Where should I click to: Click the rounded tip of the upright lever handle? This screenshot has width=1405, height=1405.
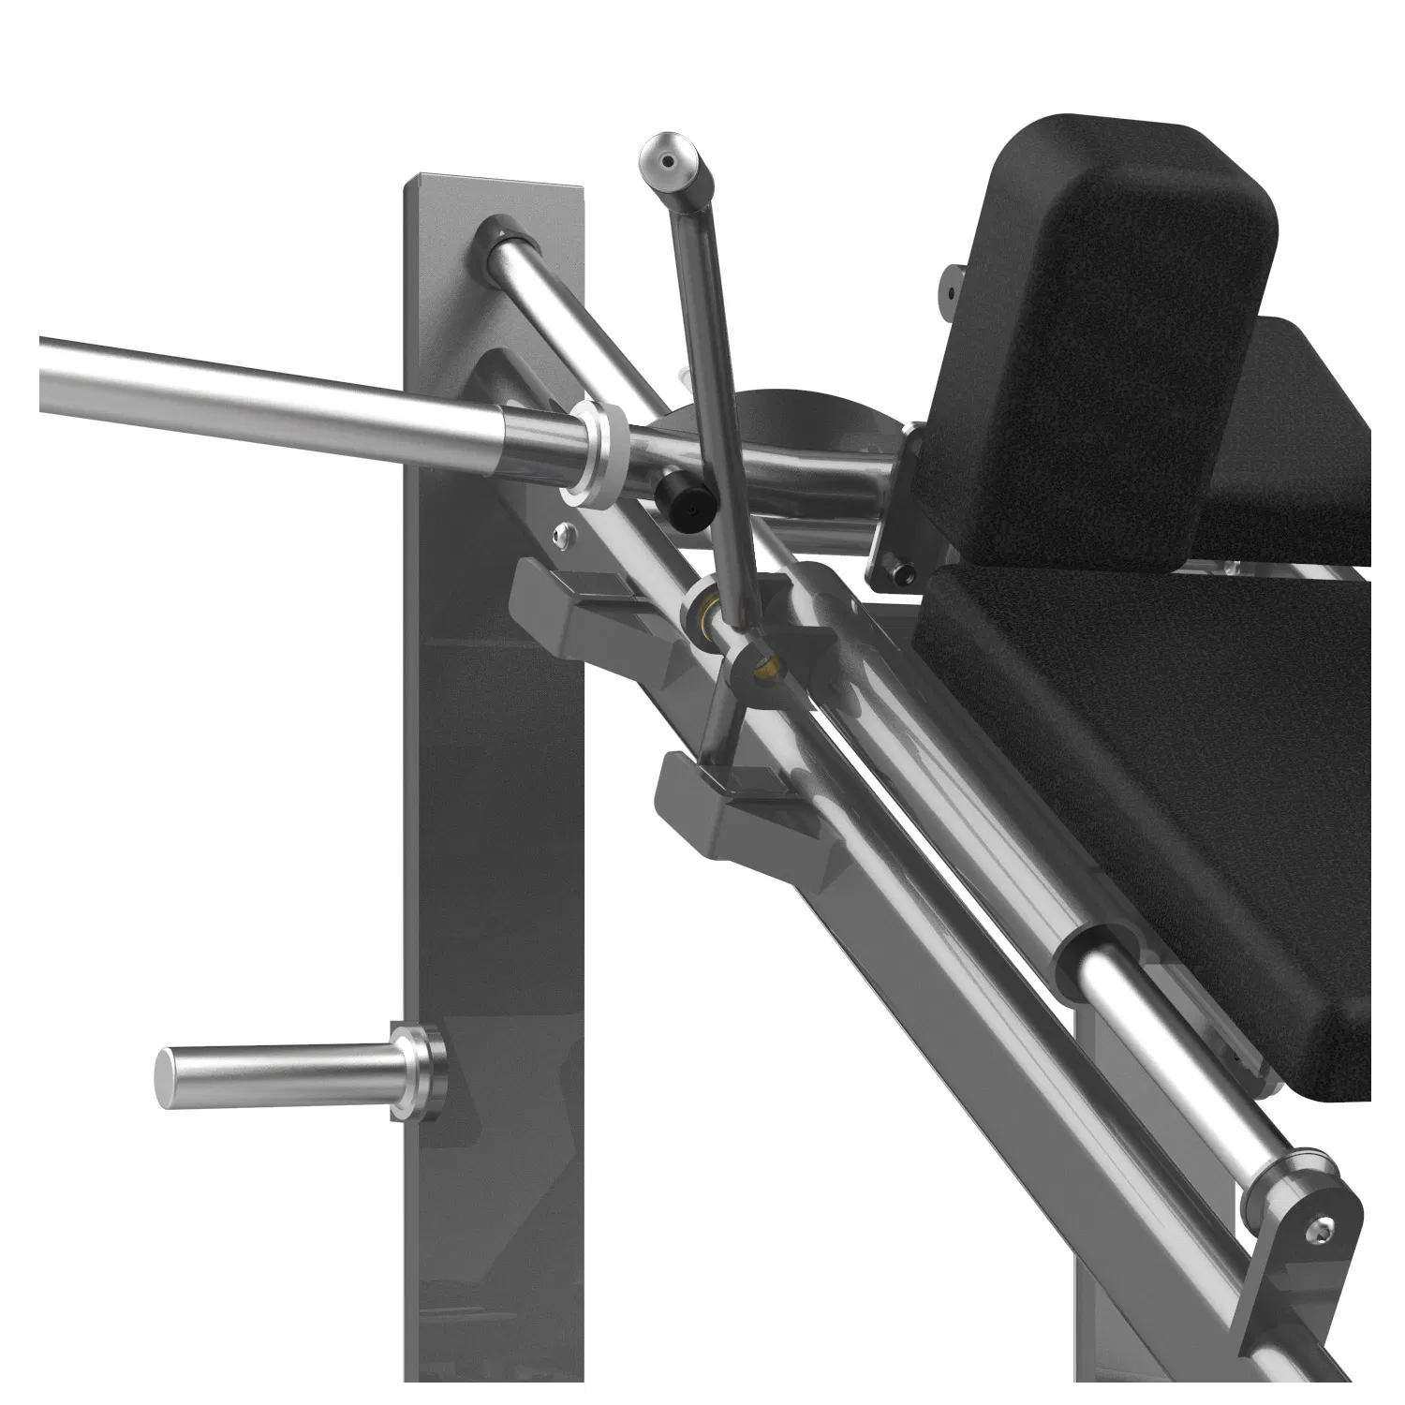point(668,161)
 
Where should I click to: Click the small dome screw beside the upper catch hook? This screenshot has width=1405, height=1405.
point(560,534)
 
